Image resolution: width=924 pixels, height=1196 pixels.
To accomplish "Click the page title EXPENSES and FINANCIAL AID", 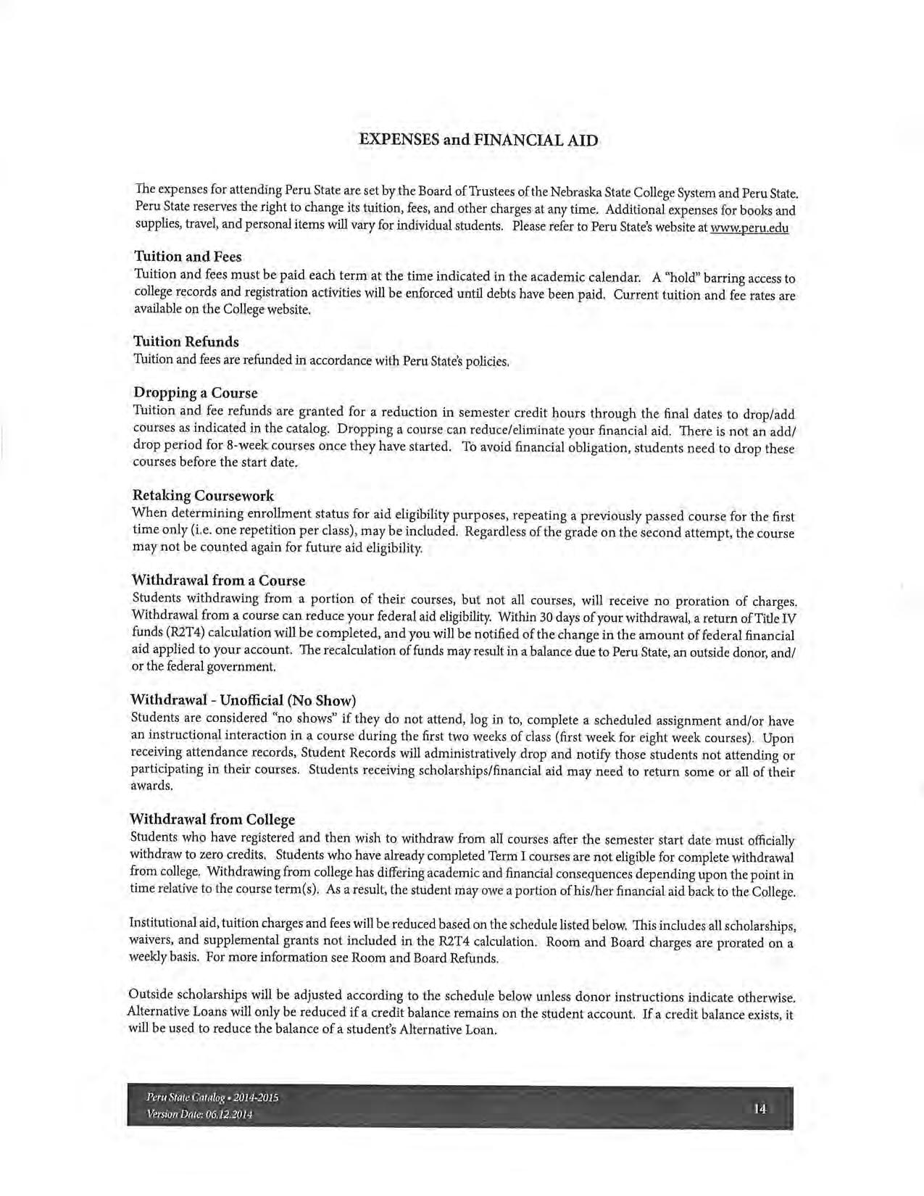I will tap(479, 141).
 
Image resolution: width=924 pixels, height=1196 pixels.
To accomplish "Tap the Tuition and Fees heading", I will tap(188, 257).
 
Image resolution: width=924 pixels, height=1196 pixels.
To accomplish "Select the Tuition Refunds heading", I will tap(186, 341).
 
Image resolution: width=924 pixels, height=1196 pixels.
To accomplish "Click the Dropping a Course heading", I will tap(195, 393).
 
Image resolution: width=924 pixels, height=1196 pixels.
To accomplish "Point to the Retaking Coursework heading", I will tap(203, 496).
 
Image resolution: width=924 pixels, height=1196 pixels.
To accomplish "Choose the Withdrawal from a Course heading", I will tap(218, 581).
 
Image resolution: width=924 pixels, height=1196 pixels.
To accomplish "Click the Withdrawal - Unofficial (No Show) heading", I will tap(243, 700).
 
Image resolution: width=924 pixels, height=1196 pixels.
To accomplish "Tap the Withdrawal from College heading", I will tap(212, 819).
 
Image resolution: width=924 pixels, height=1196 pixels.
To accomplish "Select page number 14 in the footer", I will tap(759, 1108).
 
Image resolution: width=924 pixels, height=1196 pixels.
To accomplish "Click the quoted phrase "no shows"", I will tap(241, 718).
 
